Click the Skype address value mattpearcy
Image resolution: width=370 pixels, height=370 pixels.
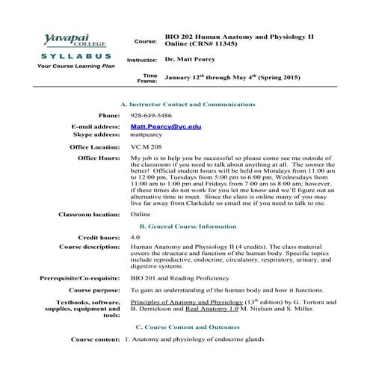(x=147, y=136)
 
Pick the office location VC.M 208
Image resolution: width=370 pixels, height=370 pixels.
(x=146, y=148)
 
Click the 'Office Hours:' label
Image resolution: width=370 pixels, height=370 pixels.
(x=99, y=159)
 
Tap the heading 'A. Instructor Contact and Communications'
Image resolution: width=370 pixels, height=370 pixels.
(x=188, y=104)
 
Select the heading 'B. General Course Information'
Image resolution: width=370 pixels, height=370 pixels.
(x=188, y=226)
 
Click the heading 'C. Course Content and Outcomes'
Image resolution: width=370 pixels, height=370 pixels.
(x=188, y=327)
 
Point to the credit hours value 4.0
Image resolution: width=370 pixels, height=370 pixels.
(x=135, y=237)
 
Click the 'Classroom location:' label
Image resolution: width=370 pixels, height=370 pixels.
(x=89, y=215)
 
